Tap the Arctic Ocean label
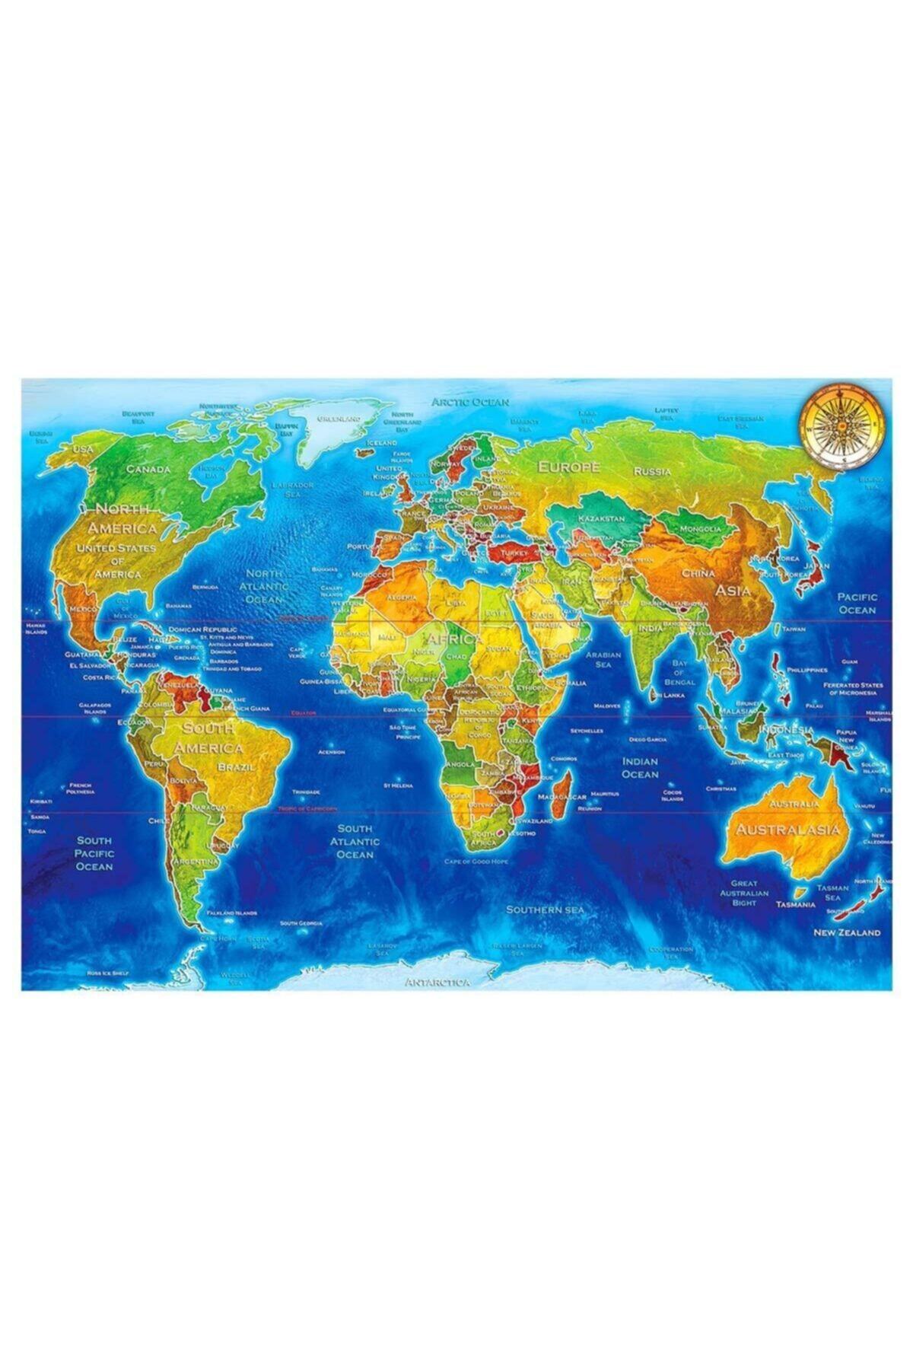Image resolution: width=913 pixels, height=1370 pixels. [470, 401]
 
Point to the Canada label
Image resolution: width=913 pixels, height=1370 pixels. [148, 469]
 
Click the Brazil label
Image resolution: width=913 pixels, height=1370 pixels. [237, 767]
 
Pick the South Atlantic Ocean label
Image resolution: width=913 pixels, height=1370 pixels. [355, 842]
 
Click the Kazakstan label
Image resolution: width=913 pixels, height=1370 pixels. [601, 518]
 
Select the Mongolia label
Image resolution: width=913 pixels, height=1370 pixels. [700, 528]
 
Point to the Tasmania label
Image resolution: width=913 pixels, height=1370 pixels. [796, 905]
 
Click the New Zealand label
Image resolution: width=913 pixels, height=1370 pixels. [847, 932]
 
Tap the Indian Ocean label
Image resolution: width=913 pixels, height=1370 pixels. [640, 767]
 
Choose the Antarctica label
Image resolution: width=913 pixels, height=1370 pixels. [437, 982]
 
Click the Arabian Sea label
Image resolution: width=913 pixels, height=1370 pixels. [603, 659]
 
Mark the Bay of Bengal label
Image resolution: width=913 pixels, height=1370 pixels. [679, 673]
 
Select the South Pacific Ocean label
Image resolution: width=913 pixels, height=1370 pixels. [94, 853]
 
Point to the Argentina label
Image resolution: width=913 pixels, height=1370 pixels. [196, 861]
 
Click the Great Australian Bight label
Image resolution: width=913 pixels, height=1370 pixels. [744, 893]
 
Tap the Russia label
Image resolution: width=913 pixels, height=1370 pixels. [653, 471]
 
